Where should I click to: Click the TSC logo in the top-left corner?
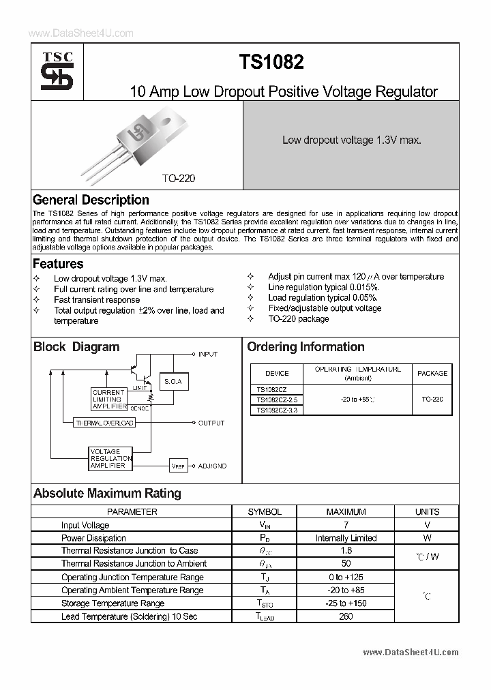point(57,72)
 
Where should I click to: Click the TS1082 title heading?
point(271,63)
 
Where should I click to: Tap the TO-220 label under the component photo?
point(179,178)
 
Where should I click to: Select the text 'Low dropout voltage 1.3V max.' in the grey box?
point(351,140)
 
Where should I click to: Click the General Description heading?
point(91,200)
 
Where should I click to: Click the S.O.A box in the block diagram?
point(173,382)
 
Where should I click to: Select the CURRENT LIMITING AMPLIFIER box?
point(108,400)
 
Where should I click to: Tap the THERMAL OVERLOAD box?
point(104,423)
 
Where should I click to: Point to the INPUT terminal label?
point(207,355)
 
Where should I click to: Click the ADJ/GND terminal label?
point(212,466)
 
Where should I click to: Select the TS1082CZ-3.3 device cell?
point(276,410)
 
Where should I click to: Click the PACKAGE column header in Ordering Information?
point(432,373)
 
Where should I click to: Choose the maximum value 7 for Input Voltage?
point(346,525)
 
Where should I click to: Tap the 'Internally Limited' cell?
point(346,538)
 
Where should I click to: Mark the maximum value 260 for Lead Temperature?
point(346,616)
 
